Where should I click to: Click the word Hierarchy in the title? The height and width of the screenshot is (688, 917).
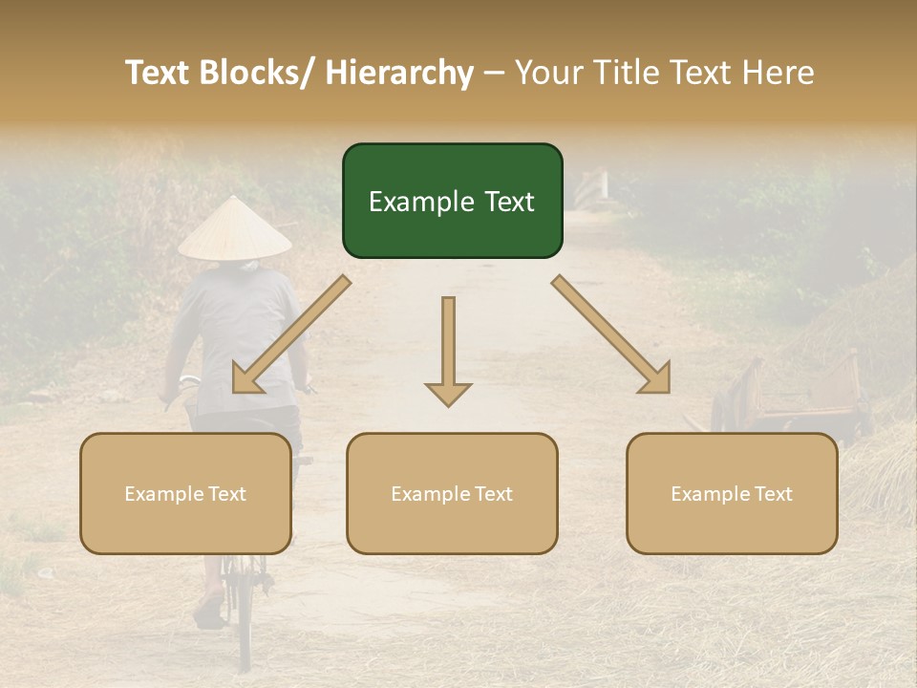pos(398,73)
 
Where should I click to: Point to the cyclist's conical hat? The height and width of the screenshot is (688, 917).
pos(234,229)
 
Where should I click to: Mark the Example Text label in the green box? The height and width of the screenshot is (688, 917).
pos(452,202)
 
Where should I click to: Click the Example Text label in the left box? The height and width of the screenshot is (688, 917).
pos(185,494)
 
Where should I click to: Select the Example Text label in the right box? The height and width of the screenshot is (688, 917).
pos(732,494)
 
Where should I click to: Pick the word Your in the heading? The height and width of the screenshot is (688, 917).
pos(549,73)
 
